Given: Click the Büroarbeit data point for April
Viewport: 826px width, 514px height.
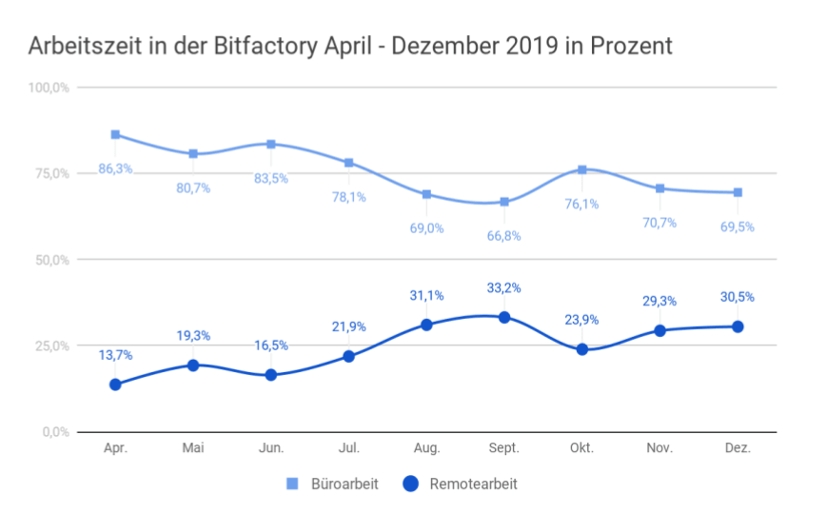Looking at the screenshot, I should tap(115, 134).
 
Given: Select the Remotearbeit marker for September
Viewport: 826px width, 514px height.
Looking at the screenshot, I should tap(504, 317).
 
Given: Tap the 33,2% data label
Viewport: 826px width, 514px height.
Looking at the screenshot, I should tap(504, 288).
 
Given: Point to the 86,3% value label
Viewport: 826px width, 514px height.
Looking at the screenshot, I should tap(115, 168).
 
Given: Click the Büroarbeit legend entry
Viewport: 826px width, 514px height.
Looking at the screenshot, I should tap(332, 484).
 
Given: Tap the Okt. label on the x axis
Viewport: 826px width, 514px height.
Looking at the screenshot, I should tap(582, 449).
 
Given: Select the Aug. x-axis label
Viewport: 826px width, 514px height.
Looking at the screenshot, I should tap(426, 449).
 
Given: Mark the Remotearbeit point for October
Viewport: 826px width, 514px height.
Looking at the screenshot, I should tap(582, 349).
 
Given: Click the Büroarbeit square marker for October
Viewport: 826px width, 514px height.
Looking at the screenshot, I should tap(582, 169).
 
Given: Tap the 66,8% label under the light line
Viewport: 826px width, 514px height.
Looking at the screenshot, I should tap(504, 235).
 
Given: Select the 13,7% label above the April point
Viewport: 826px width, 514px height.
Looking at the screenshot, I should tap(115, 355).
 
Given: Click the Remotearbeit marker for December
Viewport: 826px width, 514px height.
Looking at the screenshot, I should tap(737, 326).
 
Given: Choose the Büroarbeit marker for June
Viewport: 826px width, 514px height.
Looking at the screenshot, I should tap(271, 144).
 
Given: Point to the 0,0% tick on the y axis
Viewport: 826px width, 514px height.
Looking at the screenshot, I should tap(55, 432).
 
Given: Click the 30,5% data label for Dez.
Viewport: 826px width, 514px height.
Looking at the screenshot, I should tap(737, 297).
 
